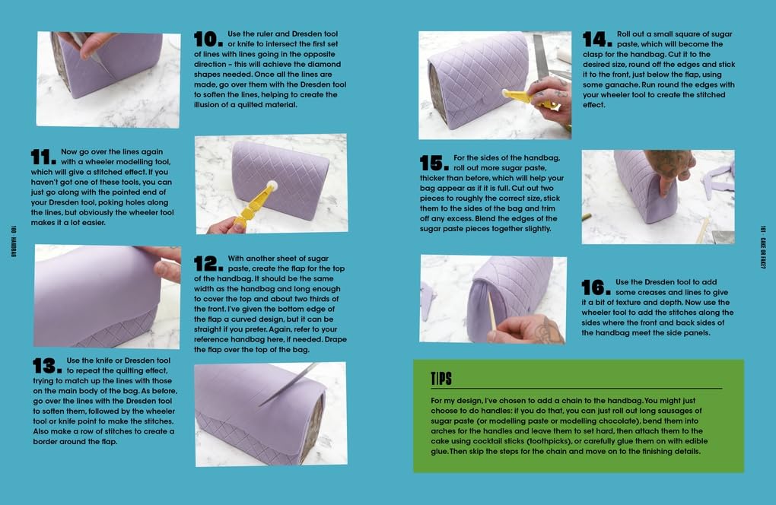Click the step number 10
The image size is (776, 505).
(208, 39)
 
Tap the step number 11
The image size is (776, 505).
(43, 157)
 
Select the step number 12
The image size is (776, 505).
(208, 264)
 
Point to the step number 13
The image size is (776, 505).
(47, 366)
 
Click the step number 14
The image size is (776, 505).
(597, 39)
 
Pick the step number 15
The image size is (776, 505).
(434, 163)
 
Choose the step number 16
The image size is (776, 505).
(596, 287)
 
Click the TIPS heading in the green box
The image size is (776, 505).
(441, 379)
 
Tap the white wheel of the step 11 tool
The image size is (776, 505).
(272, 186)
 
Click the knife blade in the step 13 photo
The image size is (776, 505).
(288, 384)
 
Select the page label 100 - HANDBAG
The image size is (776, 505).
(14, 241)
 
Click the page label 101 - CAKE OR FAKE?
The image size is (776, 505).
(762, 247)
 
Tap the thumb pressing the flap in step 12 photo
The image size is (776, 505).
(162, 270)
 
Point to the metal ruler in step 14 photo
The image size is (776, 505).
(541, 55)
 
